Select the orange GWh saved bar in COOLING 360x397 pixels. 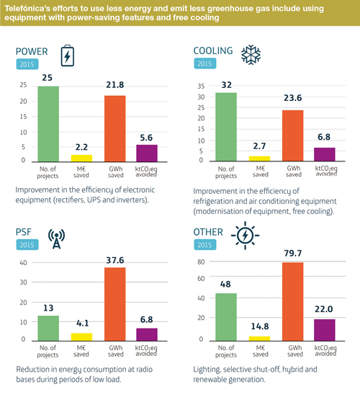point(292,135)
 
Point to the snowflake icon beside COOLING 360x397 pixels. point(250,55)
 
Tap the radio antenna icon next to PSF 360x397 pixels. point(56,237)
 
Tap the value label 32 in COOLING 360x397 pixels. point(226,84)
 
